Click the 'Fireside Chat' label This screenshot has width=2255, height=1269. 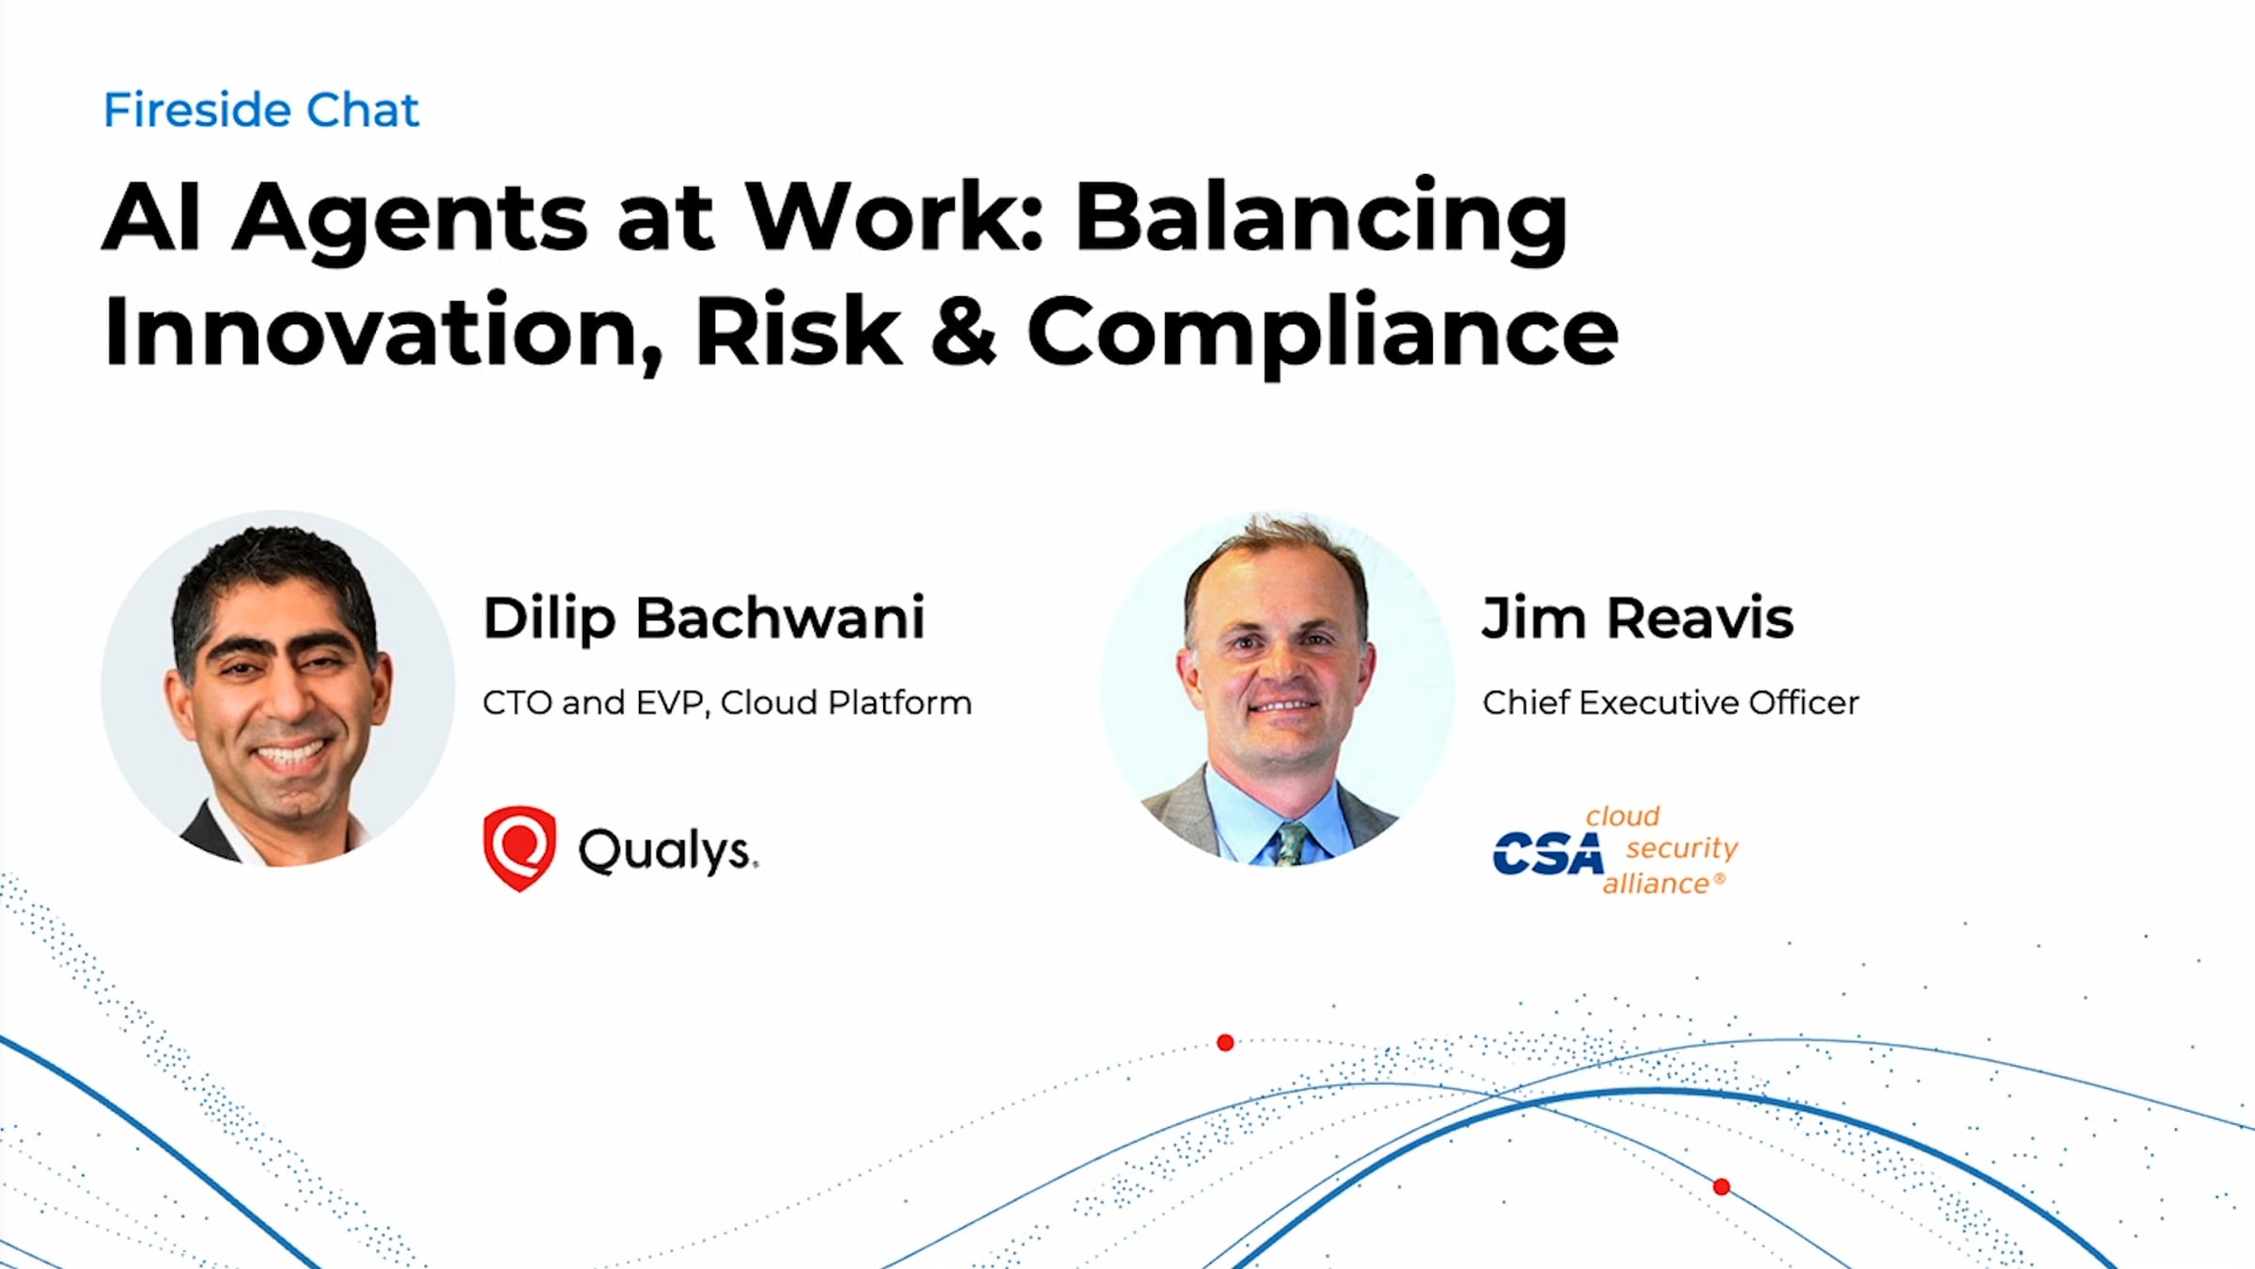coord(261,110)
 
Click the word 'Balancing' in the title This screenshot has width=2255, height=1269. coord(1321,219)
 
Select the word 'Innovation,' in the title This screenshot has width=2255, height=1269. coord(384,332)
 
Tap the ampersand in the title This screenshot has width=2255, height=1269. coord(963,330)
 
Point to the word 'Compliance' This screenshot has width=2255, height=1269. coord(1323,334)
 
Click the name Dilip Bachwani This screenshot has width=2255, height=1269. coord(704,619)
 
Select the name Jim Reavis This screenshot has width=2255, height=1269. coord(1638,619)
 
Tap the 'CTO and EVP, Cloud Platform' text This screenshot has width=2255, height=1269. coord(727,702)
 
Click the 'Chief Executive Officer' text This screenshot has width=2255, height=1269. coord(1671,702)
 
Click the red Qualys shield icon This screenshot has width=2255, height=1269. coord(519,848)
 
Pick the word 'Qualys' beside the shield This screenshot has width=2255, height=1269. coord(667,851)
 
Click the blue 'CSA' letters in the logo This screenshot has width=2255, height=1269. coord(1547,854)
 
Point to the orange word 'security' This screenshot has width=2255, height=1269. coord(1682,848)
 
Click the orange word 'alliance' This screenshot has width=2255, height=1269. coord(1656,884)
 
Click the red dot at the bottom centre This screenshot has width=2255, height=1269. coord(1225,1042)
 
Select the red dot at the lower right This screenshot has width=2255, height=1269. coord(1721,1187)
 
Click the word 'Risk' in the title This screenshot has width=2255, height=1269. coord(798,330)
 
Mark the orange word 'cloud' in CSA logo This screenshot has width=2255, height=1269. coord(1623,816)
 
